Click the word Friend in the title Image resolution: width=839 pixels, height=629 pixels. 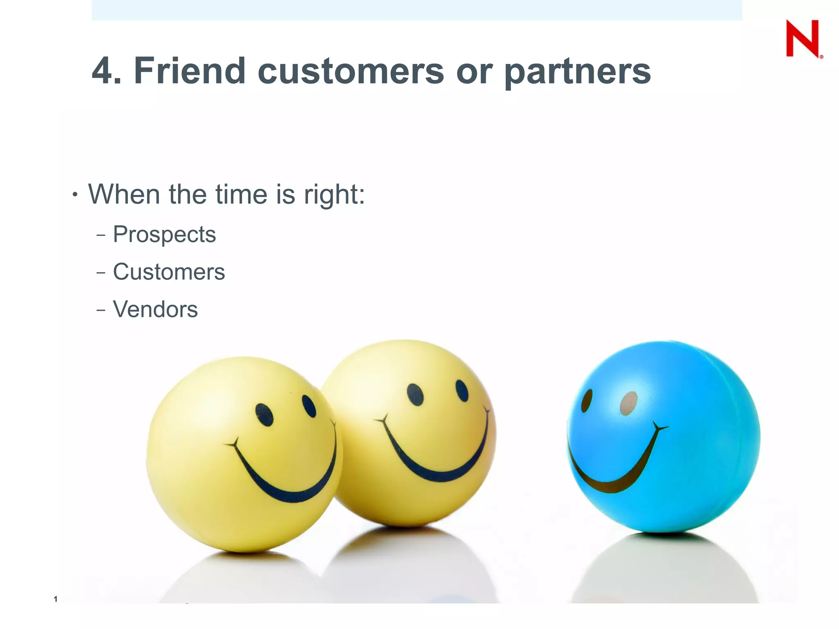(189, 71)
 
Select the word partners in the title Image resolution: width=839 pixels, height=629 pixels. (578, 72)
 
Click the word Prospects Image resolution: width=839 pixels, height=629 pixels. (164, 235)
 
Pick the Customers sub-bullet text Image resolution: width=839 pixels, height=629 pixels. (169, 272)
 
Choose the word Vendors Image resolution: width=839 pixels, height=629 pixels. (155, 310)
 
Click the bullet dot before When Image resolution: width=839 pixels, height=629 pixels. (75, 195)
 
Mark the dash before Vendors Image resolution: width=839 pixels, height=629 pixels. (101, 310)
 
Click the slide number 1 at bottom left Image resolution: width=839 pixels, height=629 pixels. (55, 599)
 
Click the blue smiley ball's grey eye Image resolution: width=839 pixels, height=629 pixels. (629, 403)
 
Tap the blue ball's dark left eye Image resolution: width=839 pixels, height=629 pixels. (587, 400)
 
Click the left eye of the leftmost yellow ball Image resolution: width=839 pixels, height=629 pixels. (264, 414)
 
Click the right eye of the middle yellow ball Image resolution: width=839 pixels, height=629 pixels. (462, 391)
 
